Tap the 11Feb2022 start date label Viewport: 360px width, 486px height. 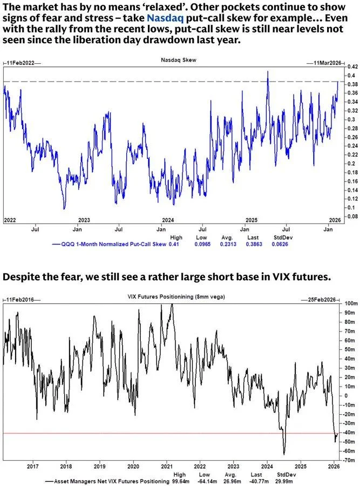tap(21, 63)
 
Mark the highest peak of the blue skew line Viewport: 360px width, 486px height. tap(267, 72)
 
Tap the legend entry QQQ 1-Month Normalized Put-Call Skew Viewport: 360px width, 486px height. tap(111, 244)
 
